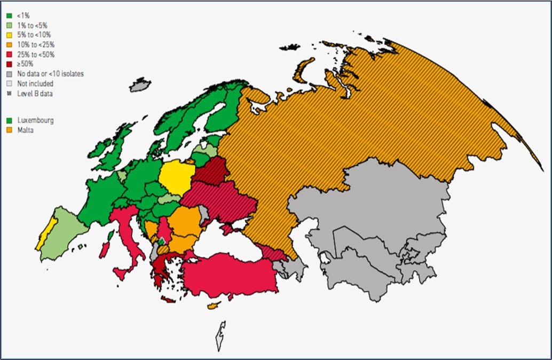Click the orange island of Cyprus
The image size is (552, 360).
tap(215, 306)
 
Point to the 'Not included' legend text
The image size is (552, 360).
tap(35, 83)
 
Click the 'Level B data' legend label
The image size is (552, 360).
tap(35, 93)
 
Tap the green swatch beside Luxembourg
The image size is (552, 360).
tap(9, 120)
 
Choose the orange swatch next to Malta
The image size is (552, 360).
tap(9, 130)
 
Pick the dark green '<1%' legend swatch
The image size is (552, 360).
tap(9, 16)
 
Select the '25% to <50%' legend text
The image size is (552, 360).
tap(36, 54)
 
